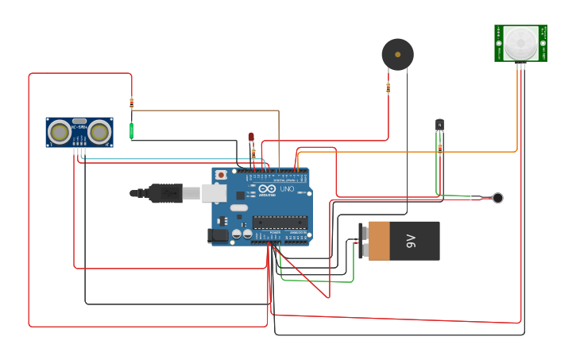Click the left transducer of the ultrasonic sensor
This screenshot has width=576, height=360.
coord(59,132)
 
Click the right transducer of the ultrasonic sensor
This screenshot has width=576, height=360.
coord(99,132)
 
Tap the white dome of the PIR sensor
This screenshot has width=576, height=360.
coord(520,41)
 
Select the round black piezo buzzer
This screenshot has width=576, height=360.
coord(397,54)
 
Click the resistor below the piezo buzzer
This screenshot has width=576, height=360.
coord(389,88)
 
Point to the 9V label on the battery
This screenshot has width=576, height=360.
coord(410,240)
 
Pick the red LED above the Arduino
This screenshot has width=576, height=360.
coord(251,137)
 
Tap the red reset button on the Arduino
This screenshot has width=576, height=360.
coord(221,174)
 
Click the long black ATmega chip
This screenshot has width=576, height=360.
coord(280,221)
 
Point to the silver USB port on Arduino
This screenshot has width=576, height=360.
coord(213,192)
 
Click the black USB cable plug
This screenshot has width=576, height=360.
coord(164,192)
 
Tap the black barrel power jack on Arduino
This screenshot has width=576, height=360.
coord(217,235)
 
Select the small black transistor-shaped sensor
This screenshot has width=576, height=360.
coord(439,124)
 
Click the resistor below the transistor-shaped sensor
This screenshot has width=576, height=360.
coord(439,147)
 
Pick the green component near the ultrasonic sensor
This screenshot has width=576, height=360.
coord(132,130)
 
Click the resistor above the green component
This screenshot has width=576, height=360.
coord(132,103)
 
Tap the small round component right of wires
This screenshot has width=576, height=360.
coord(497,198)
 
